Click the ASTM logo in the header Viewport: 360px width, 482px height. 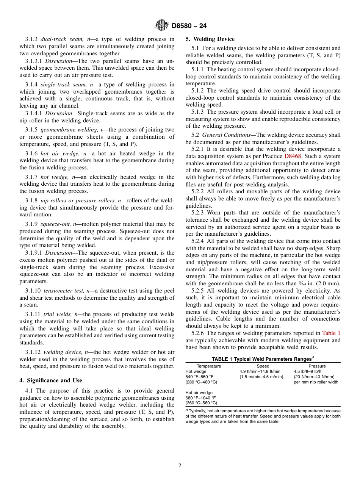coord(162,25)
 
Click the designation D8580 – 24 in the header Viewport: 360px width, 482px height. coord(189,26)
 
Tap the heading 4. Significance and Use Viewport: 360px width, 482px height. coord(50,380)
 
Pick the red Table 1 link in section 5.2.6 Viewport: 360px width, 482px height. coord(331,333)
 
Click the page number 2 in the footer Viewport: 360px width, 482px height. coord(180,466)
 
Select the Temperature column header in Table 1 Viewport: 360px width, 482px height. coord(209,366)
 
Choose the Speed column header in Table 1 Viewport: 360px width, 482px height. coord(263,366)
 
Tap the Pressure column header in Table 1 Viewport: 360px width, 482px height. coord(317,366)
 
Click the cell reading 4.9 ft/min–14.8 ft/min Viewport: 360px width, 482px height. coord(260,371)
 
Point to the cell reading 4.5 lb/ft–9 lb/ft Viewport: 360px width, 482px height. coord(307,371)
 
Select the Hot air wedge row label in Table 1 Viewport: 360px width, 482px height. coord(199,393)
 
